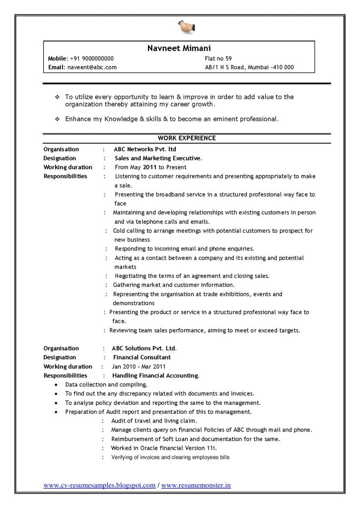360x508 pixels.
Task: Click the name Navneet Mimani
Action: point(179,48)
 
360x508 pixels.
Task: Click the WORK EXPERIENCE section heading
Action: point(187,138)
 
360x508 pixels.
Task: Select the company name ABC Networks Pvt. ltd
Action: point(145,149)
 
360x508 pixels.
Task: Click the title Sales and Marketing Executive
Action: point(158,158)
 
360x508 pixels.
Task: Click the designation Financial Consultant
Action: point(142,357)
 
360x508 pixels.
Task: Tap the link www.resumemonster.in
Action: point(196,485)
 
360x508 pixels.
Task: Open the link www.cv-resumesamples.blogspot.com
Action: point(99,485)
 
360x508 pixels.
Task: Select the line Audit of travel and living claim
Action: point(147,421)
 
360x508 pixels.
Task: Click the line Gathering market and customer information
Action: point(174,285)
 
